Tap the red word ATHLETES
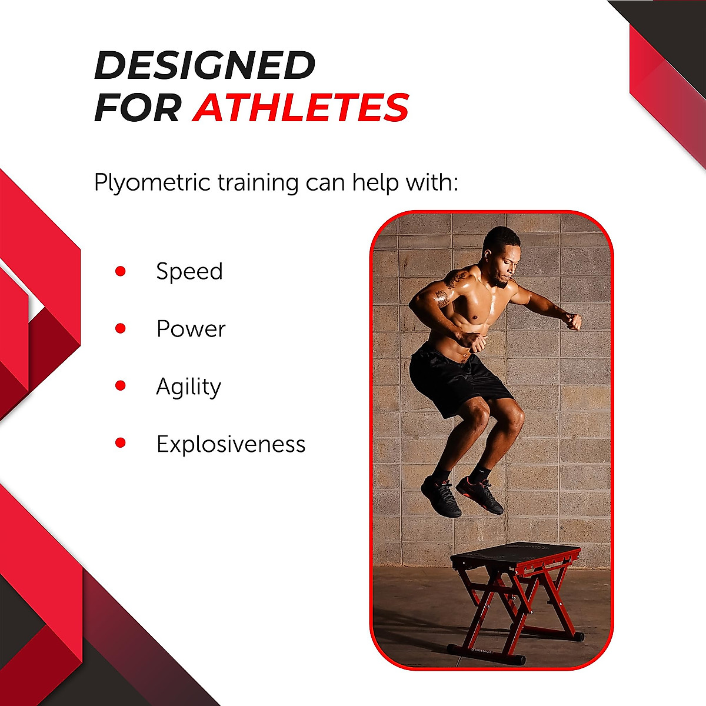pos(301,108)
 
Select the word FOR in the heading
pos(138,108)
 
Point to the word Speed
pos(189,272)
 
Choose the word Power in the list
pos(191,329)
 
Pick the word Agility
pos(188,387)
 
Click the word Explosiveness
pos(231,444)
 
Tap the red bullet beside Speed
pos(121,271)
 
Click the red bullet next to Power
pos(121,328)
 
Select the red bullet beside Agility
pos(121,386)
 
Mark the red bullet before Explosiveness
pos(121,443)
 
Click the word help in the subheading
pos(374,183)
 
